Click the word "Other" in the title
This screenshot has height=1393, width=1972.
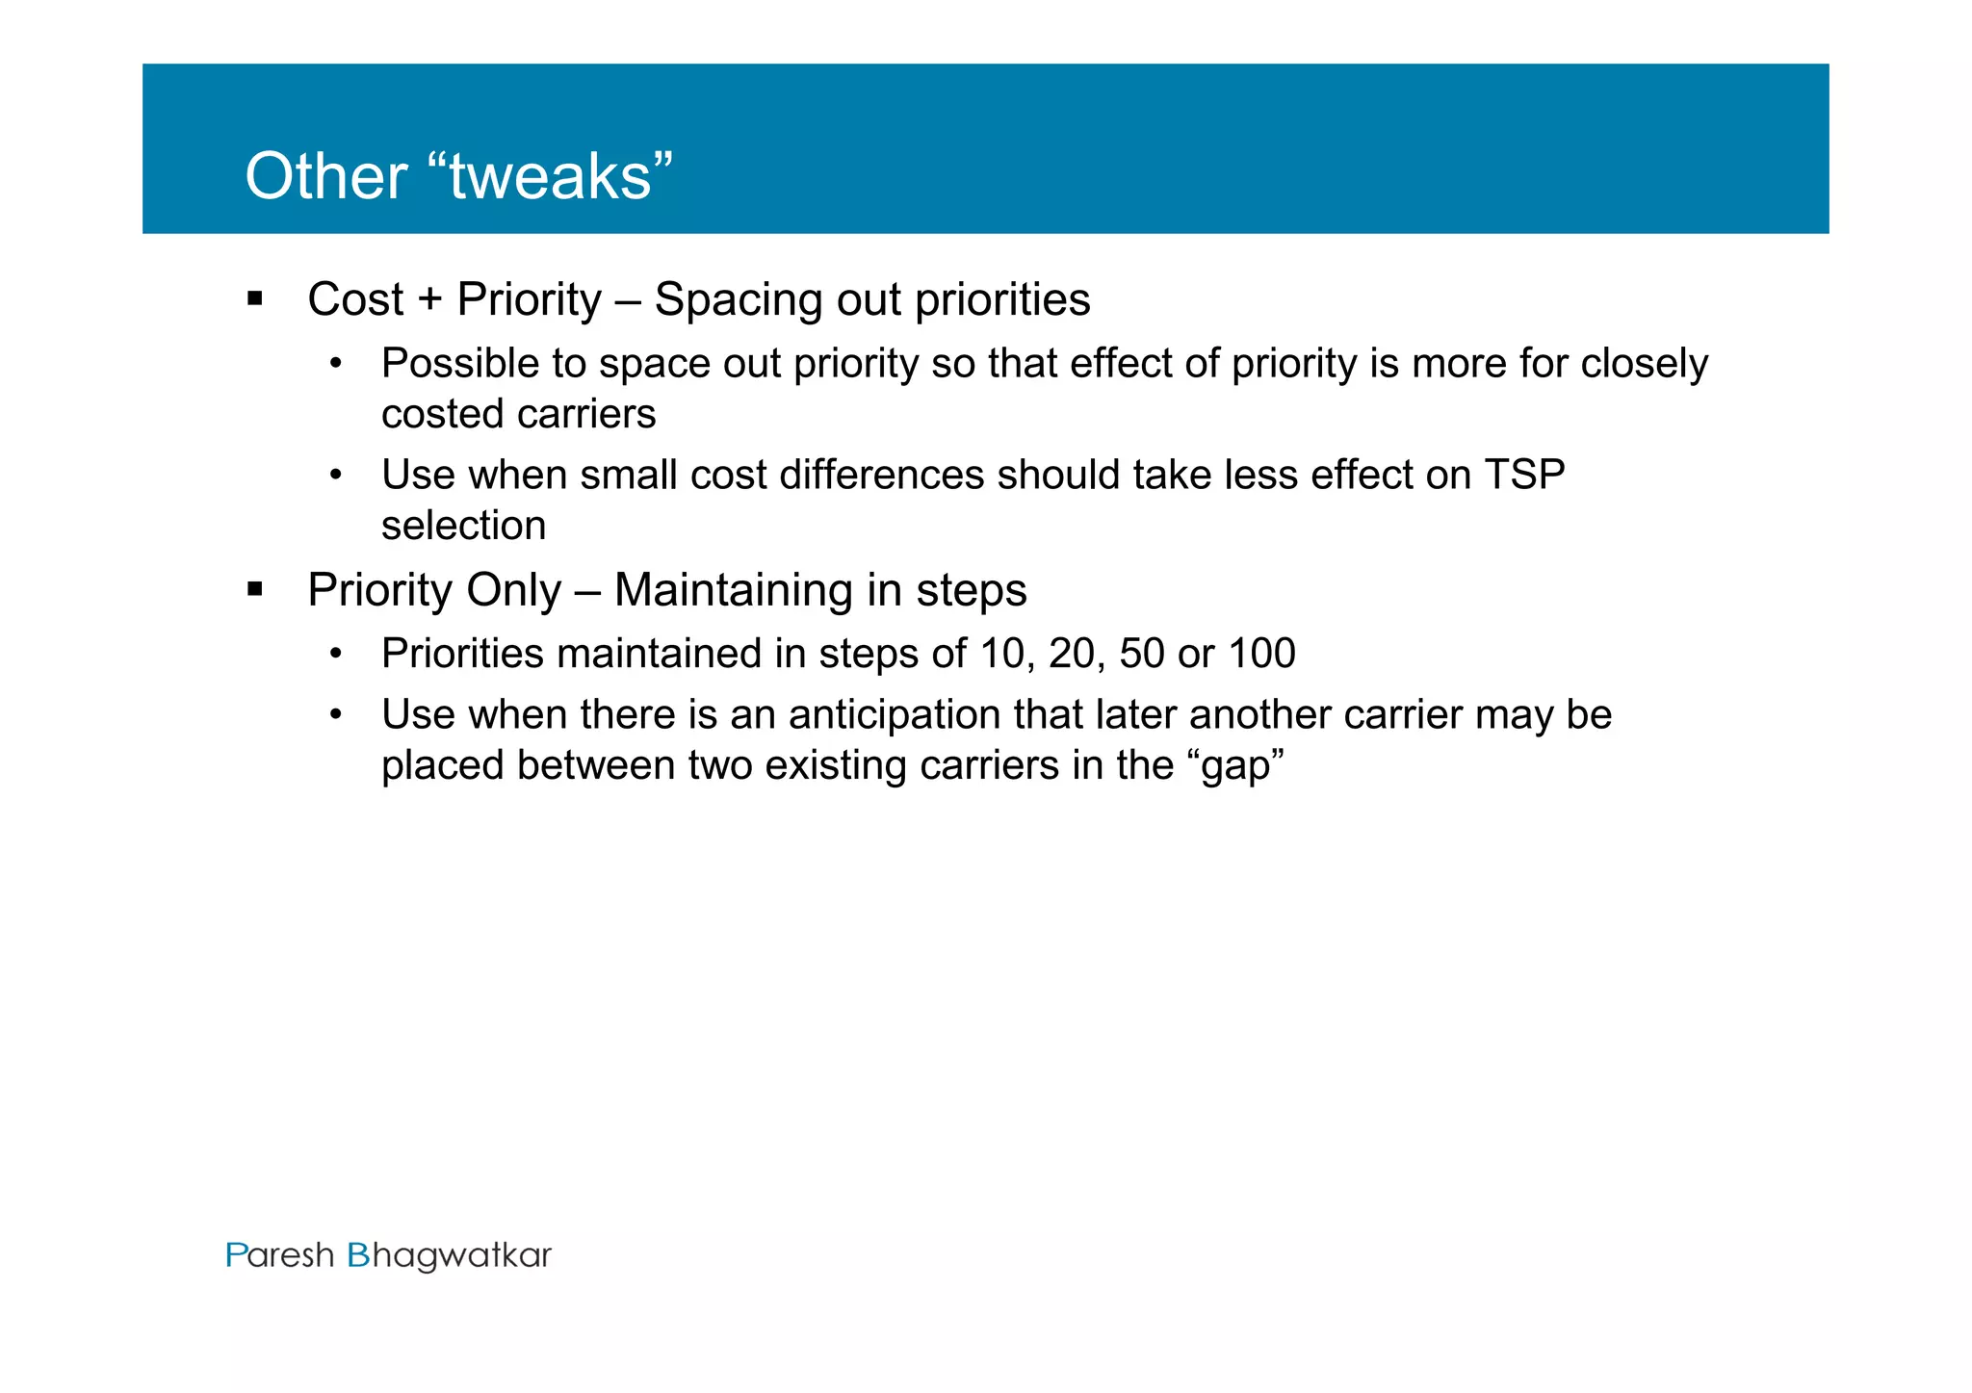point(325,177)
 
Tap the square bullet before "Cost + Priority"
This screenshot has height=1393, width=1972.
point(255,298)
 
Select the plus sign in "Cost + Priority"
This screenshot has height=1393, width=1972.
point(429,299)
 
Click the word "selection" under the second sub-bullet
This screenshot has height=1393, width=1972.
point(463,526)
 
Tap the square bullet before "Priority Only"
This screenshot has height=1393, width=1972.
point(255,589)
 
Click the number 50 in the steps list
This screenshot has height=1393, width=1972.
point(1142,654)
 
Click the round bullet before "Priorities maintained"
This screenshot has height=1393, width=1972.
point(335,655)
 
